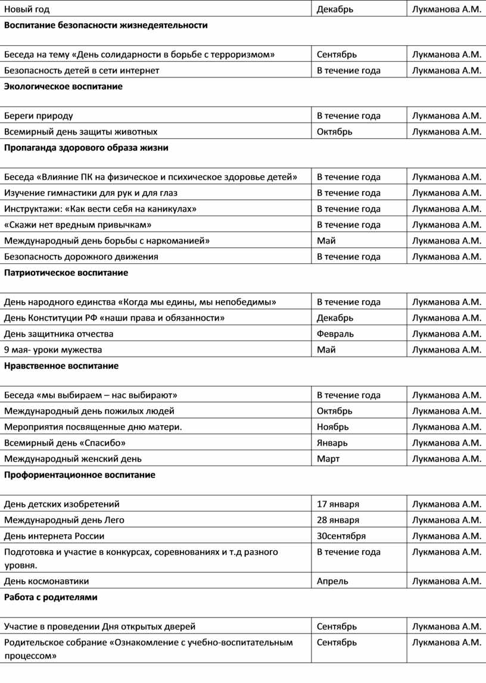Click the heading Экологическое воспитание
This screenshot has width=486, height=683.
tap(63, 86)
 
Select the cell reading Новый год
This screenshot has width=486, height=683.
tap(27, 9)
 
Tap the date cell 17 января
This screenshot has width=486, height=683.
tap(338, 504)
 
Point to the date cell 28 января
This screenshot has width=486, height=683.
tap(338, 520)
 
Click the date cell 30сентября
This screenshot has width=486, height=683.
tap(341, 536)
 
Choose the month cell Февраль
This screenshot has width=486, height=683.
tap(335, 333)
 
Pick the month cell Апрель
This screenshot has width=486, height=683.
tap(332, 581)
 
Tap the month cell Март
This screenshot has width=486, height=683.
tap(328, 459)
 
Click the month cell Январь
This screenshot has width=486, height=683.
tap(332, 442)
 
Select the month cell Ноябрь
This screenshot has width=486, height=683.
tap(333, 427)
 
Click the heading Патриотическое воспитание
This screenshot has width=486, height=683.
tap(66, 273)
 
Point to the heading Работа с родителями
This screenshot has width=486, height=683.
tap(51, 597)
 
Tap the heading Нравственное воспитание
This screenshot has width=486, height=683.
tap(61, 366)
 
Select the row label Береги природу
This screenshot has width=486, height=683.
tap(39, 116)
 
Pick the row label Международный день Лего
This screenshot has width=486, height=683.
tap(64, 520)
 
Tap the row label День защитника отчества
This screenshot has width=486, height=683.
tap(59, 333)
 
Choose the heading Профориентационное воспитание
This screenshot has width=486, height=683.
tap(80, 475)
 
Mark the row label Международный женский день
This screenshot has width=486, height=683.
tap(73, 459)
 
